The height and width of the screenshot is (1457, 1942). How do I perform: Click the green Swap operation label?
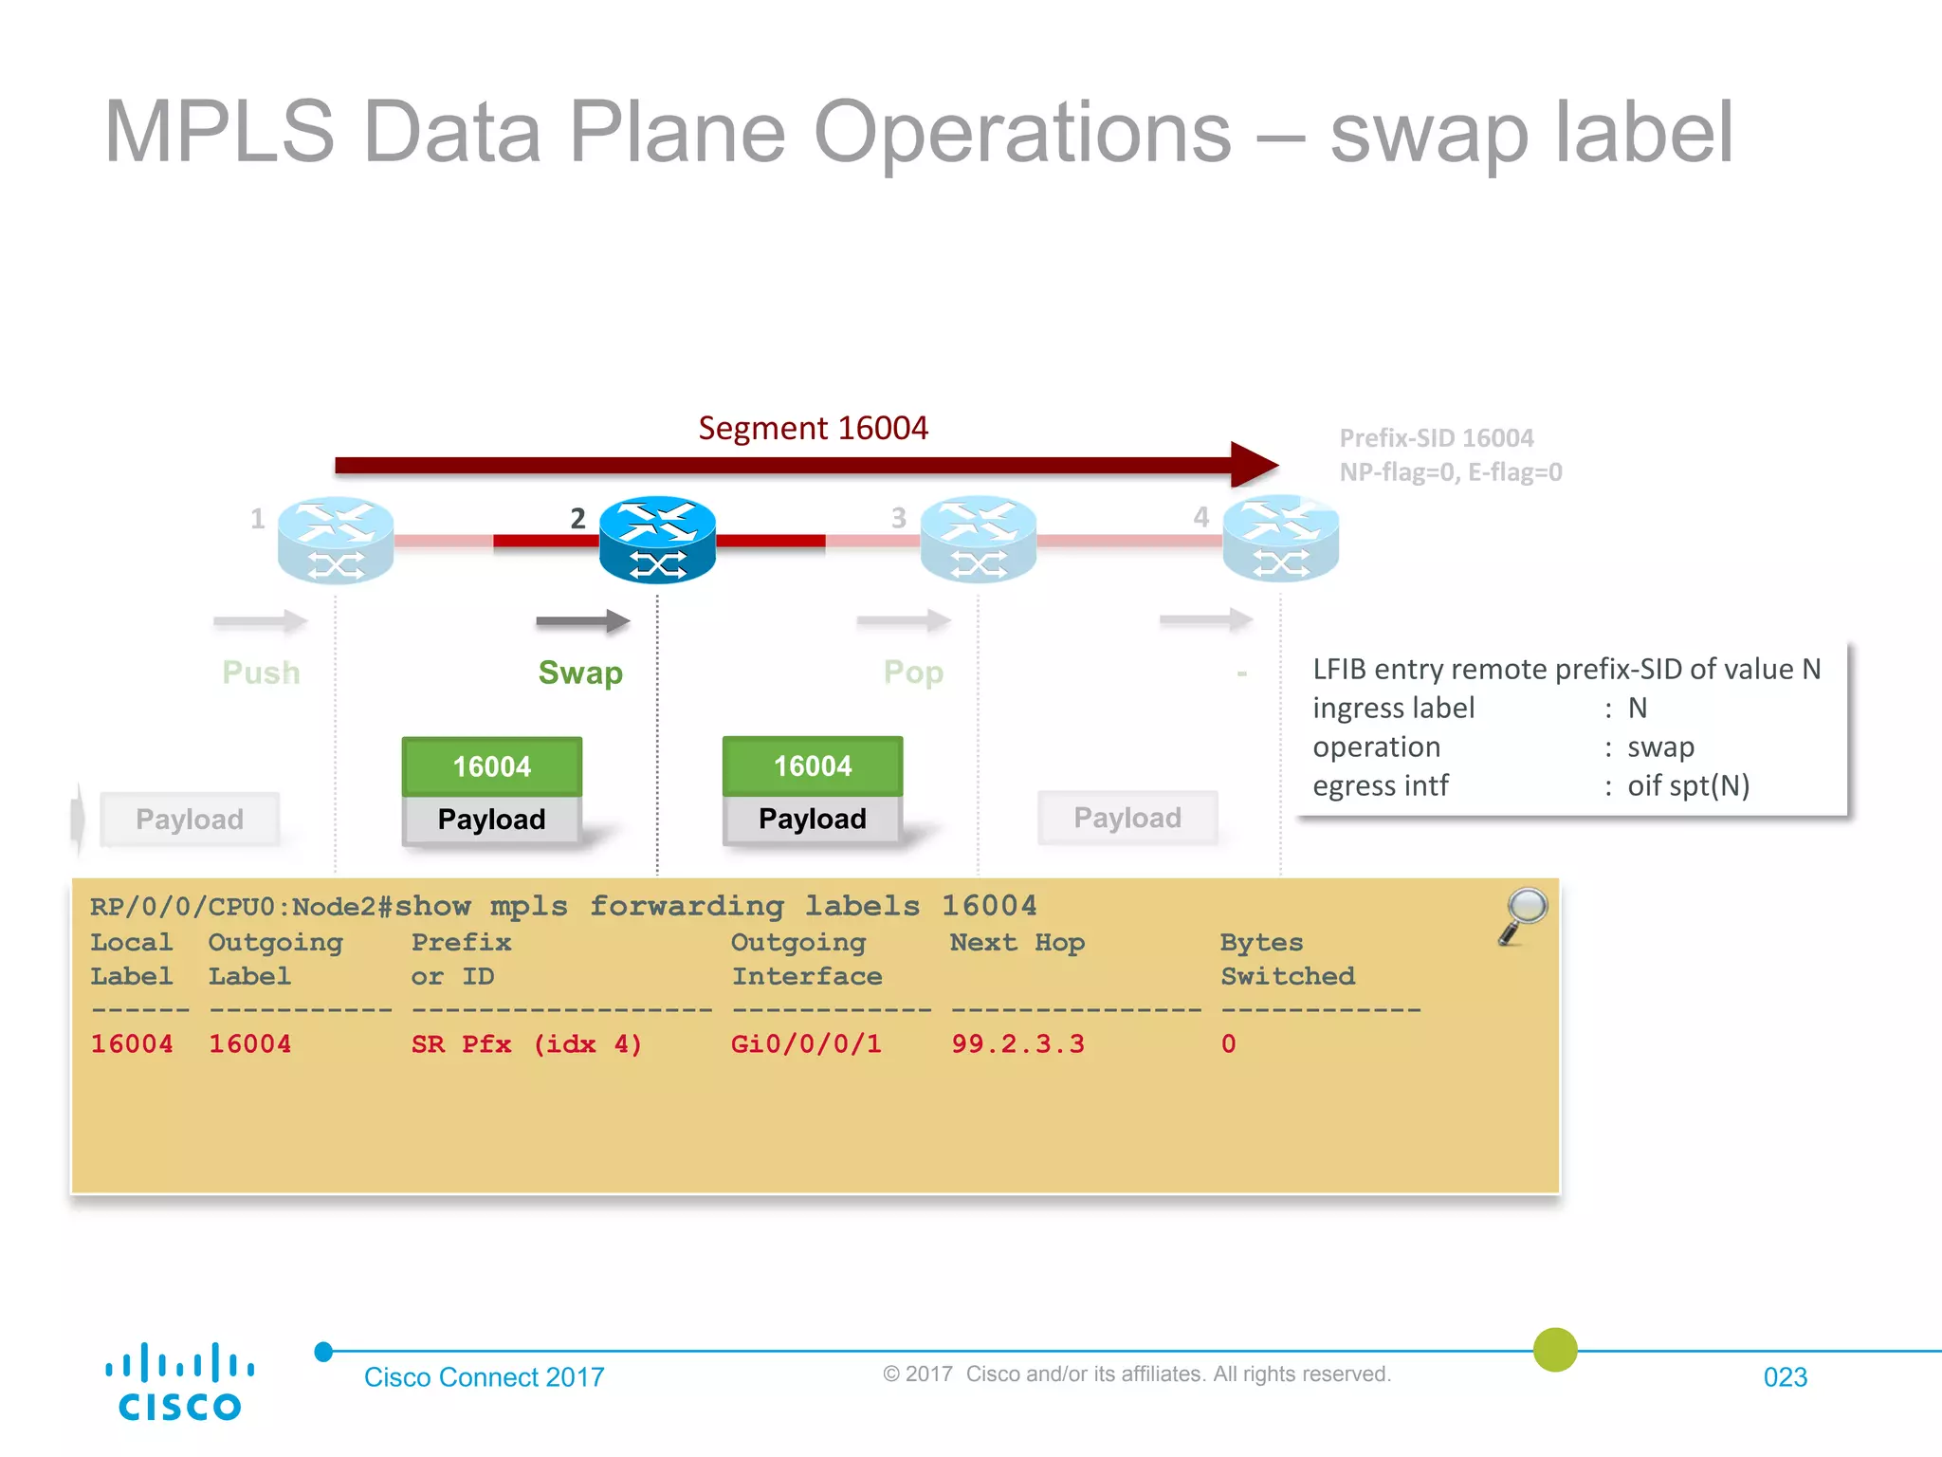pyautogui.click(x=580, y=673)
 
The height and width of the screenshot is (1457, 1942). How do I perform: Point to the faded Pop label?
pyautogui.click(x=913, y=673)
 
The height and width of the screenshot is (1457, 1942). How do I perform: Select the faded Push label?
pyautogui.click(x=261, y=673)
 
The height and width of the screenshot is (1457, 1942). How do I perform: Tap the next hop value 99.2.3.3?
pyautogui.click(x=1017, y=1043)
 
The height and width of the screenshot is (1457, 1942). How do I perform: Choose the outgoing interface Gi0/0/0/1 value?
pyautogui.click(x=806, y=1043)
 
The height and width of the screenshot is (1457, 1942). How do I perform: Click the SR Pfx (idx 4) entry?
pyautogui.click(x=526, y=1043)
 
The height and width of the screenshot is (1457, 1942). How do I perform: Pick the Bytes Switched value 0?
pyautogui.click(x=1228, y=1043)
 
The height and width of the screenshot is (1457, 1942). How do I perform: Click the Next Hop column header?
pyautogui.click(x=1017, y=942)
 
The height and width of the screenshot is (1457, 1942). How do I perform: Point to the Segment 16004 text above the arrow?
pyautogui.click(x=813, y=428)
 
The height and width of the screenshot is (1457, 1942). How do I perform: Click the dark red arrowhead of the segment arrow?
pyautogui.click(x=1254, y=465)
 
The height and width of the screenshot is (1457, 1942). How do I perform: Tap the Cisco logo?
pyautogui.click(x=179, y=1381)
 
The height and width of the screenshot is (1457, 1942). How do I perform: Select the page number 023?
pyautogui.click(x=1785, y=1376)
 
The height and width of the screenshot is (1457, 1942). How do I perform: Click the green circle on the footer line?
pyautogui.click(x=1555, y=1349)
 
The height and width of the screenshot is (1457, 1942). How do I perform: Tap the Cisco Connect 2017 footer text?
pyautogui.click(x=484, y=1376)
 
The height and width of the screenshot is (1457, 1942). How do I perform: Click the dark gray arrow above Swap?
pyautogui.click(x=582, y=621)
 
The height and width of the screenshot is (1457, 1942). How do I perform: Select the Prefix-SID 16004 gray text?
pyautogui.click(x=1436, y=438)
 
